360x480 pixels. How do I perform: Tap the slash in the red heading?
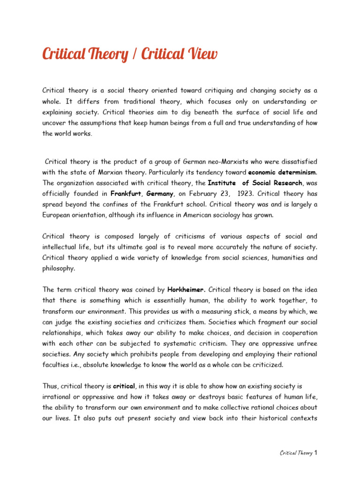click(x=135, y=54)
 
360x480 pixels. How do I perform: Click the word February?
click(x=201, y=193)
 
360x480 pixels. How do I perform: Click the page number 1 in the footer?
click(x=316, y=453)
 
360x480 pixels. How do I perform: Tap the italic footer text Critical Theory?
click(x=296, y=453)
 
